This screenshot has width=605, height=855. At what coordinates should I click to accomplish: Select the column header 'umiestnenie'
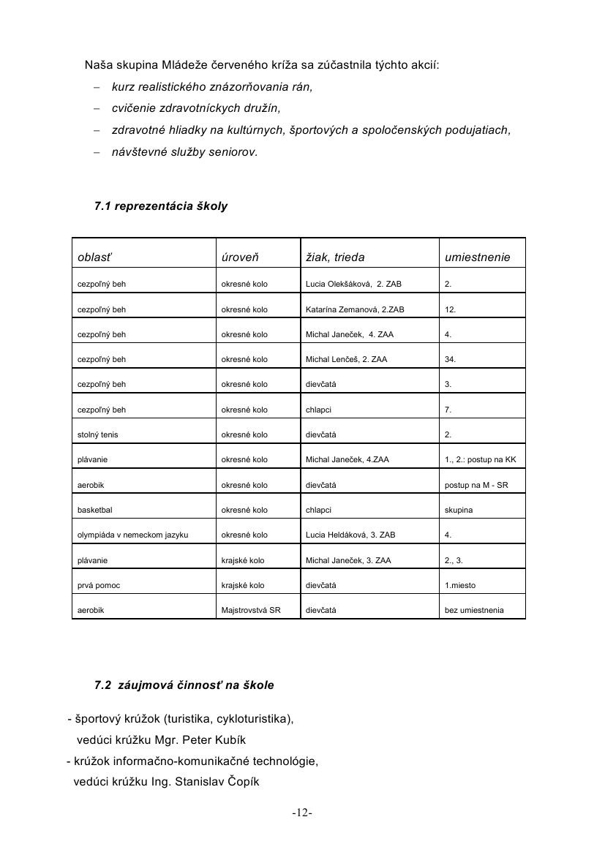pyautogui.click(x=477, y=257)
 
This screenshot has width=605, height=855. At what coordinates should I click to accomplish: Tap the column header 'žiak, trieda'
pyautogui.click(x=335, y=257)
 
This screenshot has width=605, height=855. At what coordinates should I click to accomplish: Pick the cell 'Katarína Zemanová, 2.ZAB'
pyautogui.click(x=355, y=309)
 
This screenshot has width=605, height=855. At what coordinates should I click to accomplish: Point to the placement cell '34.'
pyautogui.click(x=451, y=359)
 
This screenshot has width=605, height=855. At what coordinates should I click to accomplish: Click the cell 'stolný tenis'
pyautogui.click(x=98, y=434)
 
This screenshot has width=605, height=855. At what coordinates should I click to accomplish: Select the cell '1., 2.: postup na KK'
pyautogui.click(x=480, y=459)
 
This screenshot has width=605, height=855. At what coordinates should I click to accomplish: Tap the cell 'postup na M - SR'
pyautogui.click(x=476, y=485)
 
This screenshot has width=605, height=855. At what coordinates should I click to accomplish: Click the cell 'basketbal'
pyautogui.click(x=95, y=510)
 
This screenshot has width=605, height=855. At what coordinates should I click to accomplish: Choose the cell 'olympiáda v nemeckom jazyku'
pyautogui.click(x=133, y=535)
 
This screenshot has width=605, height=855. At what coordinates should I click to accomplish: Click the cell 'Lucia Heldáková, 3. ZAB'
pyautogui.click(x=350, y=535)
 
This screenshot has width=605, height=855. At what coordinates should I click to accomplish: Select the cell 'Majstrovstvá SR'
pyautogui.click(x=251, y=610)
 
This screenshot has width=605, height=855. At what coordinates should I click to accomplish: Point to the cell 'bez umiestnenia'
pyautogui.click(x=474, y=610)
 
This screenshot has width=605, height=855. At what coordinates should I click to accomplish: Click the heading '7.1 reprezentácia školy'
pyautogui.click(x=161, y=206)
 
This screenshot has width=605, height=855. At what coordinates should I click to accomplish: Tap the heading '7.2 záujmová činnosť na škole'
pyautogui.click(x=184, y=685)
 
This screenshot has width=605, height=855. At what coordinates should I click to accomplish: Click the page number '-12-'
pyautogui.click(x=302, y=813)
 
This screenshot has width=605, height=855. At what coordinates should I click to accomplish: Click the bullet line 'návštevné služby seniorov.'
pyautogui.click(x=184, y=152)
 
